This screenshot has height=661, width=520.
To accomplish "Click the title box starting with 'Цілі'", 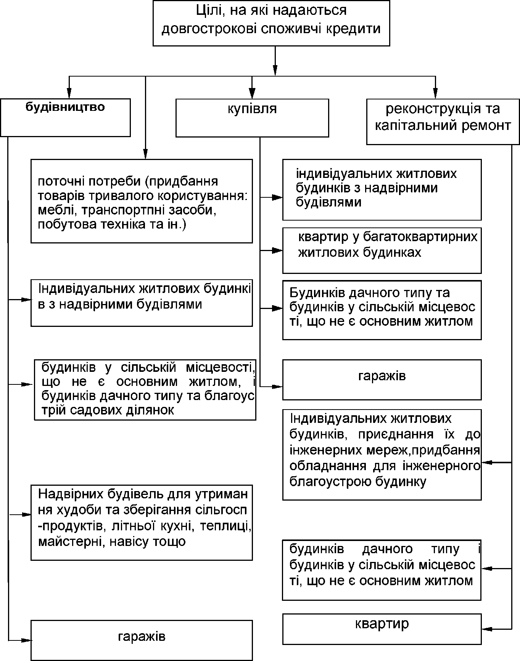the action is click(x=271, y=23).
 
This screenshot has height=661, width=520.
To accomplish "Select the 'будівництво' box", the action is click(x=65, y=118).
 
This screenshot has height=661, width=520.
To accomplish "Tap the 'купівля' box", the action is click(x=252, y=118).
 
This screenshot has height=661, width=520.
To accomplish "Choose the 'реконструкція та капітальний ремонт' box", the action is click(x=443, y=122).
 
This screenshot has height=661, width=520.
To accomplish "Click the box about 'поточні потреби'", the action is click(x=142, y=201).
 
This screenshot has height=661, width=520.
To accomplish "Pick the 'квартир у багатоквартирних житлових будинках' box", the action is click(x=382, y=251).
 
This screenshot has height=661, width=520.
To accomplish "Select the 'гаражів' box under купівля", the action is click(x=382, y=380).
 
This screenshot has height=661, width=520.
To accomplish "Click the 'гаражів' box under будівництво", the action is click(x=142, y=640).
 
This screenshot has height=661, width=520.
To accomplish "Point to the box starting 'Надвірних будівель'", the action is click(x=142, y=522).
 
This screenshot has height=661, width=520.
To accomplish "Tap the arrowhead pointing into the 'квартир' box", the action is click(x=487, y=629).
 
